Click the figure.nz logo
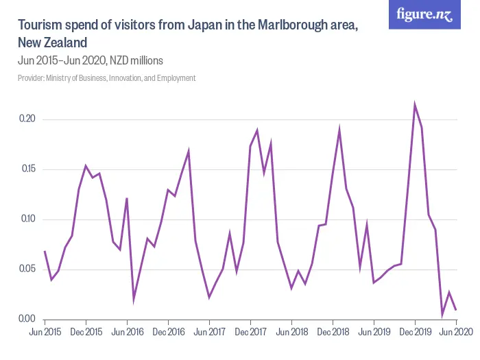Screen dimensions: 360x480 pyautogui.click(x=424, y=15)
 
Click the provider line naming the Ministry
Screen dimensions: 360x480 pyautogui.click(x=107, y=78)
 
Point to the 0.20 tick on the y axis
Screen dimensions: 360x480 pyautogui.click(x=27, y=119)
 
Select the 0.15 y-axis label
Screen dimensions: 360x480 pyautogui.click(x=27, y=169)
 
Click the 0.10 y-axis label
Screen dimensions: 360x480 pyautogui.click(x=27, y=219)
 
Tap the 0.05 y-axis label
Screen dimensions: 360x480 pyautogui.click(x=27, y=269)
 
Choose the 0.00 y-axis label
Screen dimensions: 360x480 pyautogui.click(x=27, y=319)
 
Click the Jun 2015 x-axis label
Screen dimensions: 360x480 pyautogui.click(x=45, y=332)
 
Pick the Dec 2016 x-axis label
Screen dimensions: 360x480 pyautogui.click(x=168, y=332)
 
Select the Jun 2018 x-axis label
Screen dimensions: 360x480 pyautogui.click(x=291, y=332)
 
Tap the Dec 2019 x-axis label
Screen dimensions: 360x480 pyautogui.click(x=415, y=332)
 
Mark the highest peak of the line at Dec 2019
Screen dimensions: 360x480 pyautogui.click(x=415, y=105)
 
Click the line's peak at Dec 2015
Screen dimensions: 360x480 pyautogui.click(x=86, y=166)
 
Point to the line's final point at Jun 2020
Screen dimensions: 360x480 pyautogui.click(x=456, y=310)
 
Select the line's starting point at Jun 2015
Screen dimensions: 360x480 pyautogui.click(x=45, y=252)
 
